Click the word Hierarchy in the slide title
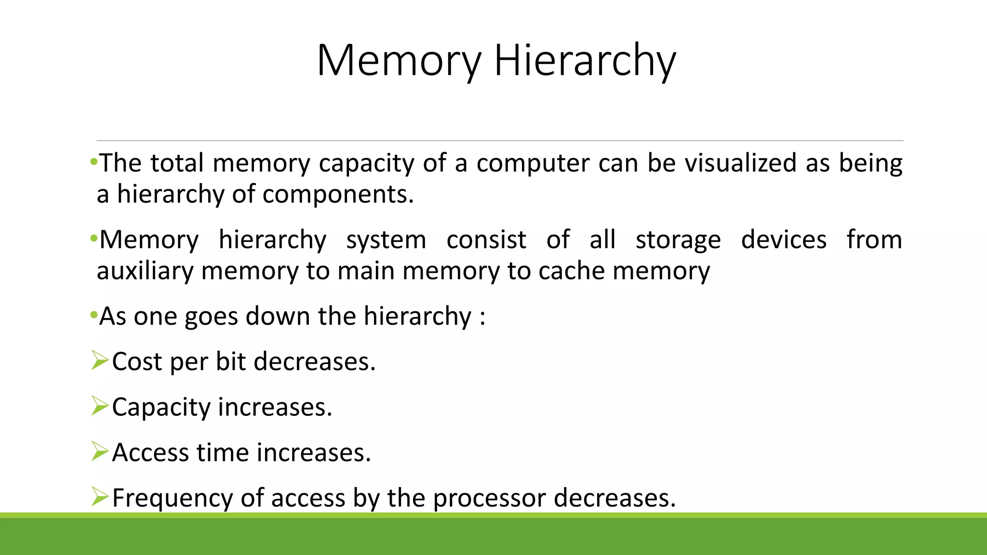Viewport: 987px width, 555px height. [x=585, y=61]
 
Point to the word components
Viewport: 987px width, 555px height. [x=337, y=195]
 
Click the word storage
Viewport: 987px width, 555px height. [x=678, y=240]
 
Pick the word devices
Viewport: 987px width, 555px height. [x=784, y=239]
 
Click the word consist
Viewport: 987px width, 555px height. [x=486, y=239]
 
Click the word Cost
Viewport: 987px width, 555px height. [x=137, y=361]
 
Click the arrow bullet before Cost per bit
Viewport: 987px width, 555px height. [x=100, y=361]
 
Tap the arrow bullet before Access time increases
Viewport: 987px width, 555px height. [x=100, y=451]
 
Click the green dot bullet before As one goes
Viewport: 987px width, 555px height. [x=93, y=316]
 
